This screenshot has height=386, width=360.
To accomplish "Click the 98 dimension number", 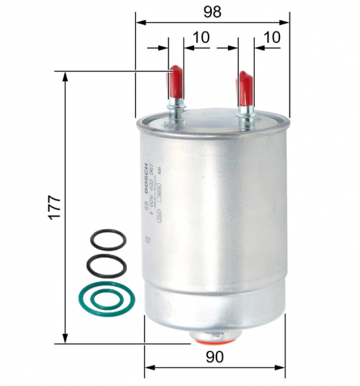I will click(212, 12).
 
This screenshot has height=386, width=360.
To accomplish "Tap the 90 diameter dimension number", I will click(215, 357).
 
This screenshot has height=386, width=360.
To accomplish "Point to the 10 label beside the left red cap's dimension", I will click(202, 37).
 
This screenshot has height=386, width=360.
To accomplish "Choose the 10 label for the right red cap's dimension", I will click(272, 37).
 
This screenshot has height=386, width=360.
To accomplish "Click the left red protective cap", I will click(176, 83).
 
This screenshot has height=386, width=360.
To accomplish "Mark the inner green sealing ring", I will click(104, 299).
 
